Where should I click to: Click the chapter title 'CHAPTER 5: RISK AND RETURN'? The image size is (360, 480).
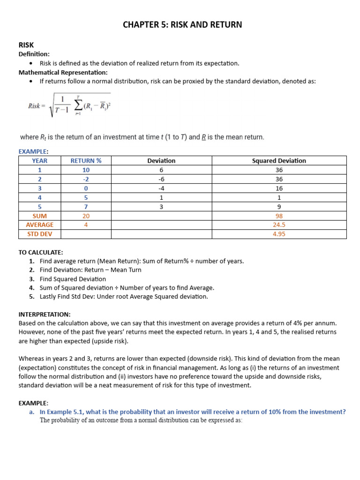coord(182,25)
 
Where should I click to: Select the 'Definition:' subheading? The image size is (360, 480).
coord(34,54)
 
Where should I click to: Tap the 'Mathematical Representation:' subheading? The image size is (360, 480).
coord(63,72)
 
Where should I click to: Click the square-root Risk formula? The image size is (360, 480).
coord(69,106)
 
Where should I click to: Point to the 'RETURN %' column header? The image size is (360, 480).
coord(86,161)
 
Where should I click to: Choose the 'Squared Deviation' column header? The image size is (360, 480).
coord(279,161)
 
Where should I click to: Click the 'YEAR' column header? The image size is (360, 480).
coord(40,161)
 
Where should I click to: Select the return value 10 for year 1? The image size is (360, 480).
coord(86,170)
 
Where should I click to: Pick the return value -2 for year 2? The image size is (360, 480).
coord(86,179)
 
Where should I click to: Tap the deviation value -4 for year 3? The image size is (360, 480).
coord(161,188)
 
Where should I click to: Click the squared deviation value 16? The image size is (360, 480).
coord(279,188)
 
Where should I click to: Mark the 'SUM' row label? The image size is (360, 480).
coord(40,216)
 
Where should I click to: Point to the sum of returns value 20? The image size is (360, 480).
coord(86,216)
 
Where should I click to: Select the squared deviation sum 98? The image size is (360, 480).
coord(279,216)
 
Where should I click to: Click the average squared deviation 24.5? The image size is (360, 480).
coord(279,225)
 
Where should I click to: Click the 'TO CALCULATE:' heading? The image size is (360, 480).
coord(41,252)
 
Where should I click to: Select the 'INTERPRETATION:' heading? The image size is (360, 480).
coord(45,314)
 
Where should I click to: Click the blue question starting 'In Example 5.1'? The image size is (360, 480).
coord(192,412)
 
